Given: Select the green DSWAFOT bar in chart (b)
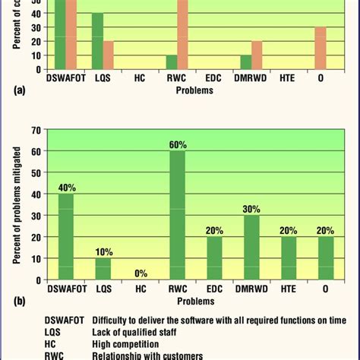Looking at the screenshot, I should (66, 235).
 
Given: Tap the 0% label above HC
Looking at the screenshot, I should (140, 273).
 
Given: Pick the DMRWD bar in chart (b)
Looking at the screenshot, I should (252, 248).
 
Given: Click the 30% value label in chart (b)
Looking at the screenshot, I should (252, 207).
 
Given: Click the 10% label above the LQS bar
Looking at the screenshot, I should (103, 251).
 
